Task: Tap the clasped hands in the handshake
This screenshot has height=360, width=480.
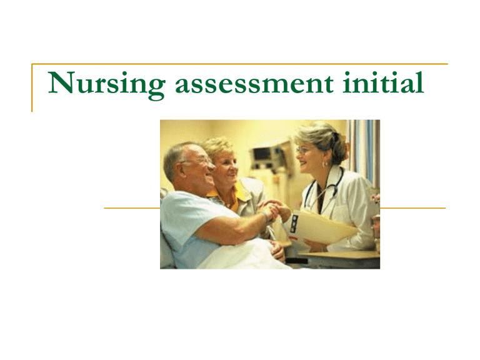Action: [274, 210]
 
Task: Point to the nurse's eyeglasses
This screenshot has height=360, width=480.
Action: [304, 150]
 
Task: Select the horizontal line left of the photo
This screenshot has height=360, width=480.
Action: [131, 208]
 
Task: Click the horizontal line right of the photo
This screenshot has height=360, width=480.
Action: [412, 208]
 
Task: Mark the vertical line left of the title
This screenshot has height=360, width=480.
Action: [32, 87]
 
